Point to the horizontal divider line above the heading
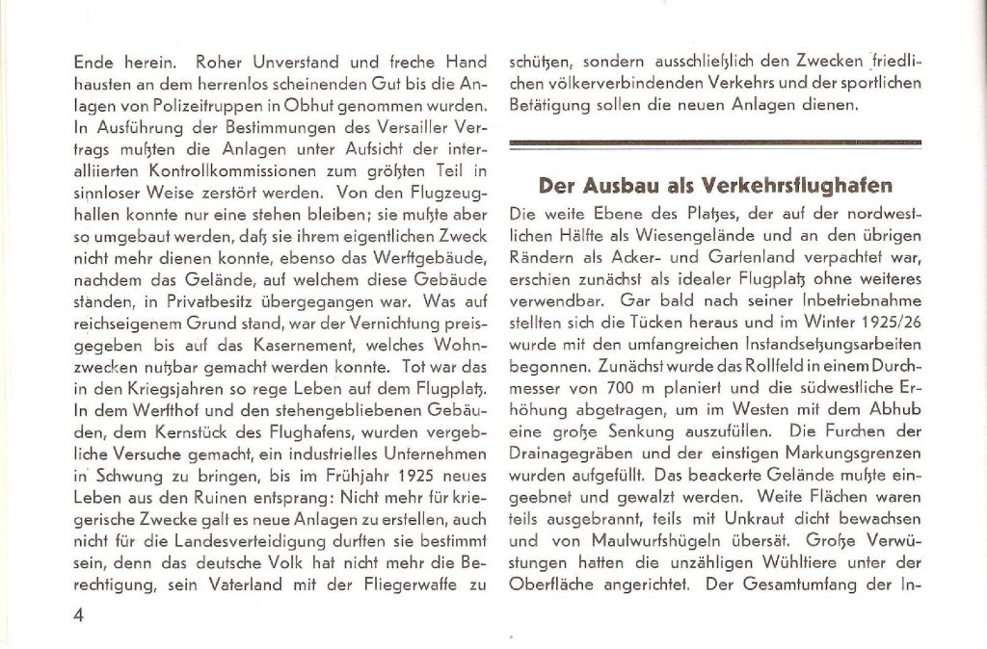pos(715,144)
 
